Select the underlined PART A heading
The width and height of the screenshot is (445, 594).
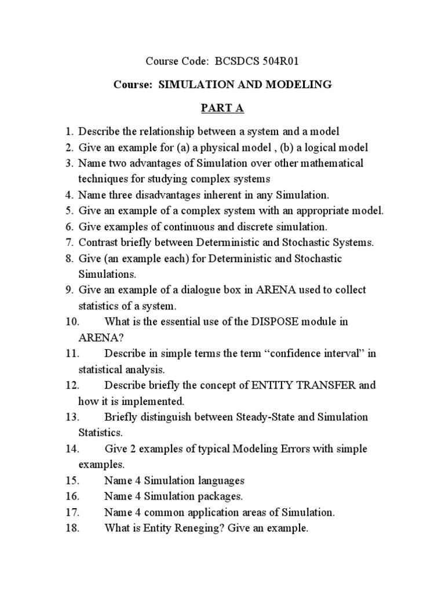[222, 108]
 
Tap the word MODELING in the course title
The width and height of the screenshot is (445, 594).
[298, 85]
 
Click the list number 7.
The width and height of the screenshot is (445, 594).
[68, 242]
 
